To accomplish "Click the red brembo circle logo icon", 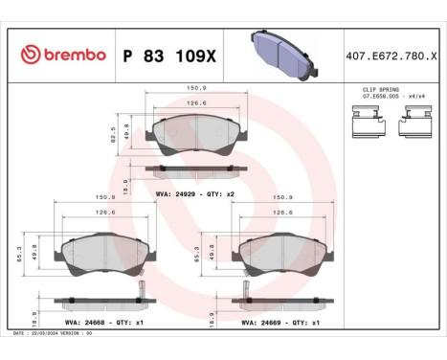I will pyautogui.click(x=28, y=54).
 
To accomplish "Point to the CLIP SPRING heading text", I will pyautogui.click(x=380, y=89).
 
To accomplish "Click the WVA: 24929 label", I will pyautogui.click(x=177, y=192).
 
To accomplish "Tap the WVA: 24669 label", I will pyautogui.click(x=257, y=324).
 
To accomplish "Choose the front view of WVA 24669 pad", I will pyautogui.click(x=282, y=253).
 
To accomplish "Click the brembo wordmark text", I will pyautogui.click(x=73, y=55).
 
